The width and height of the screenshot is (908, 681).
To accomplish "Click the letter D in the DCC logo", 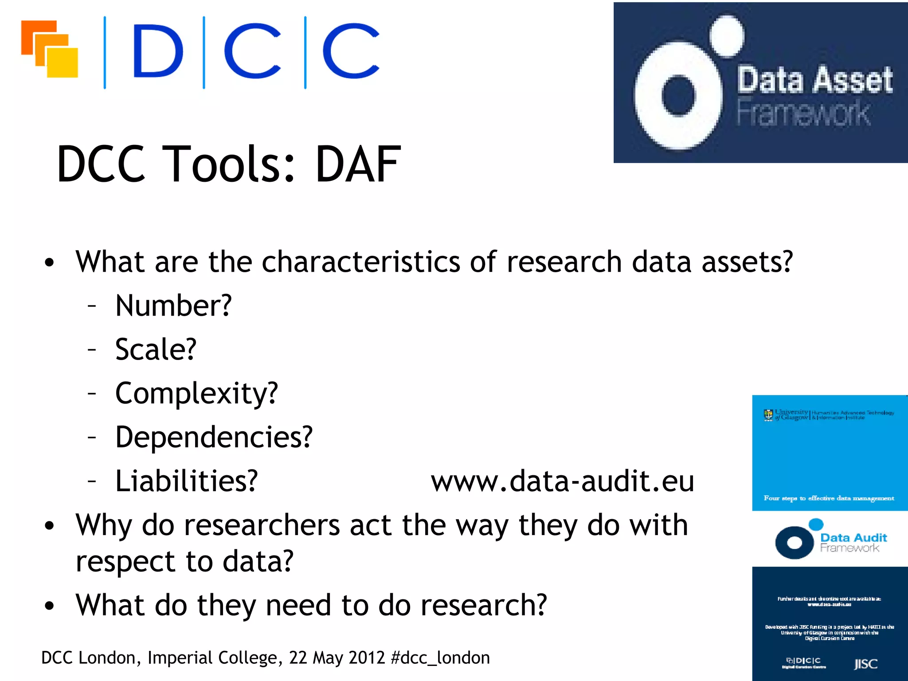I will coord(157,51).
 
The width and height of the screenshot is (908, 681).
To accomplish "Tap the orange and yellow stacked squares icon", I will coord(50,49).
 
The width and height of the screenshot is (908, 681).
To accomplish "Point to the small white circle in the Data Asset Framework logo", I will coord(727,35).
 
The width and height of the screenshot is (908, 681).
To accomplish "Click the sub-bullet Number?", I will coord(173,305).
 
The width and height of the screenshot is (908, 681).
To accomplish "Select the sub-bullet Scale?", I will coord(156,349).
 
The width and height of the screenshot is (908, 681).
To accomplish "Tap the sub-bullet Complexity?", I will coord(196,393).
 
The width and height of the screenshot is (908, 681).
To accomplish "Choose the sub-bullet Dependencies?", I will coord(214,437).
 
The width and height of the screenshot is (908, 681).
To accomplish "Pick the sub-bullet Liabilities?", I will coord(186,481).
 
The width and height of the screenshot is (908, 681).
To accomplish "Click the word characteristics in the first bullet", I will coord(361,262).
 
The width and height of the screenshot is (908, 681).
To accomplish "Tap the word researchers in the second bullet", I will coord(262,525).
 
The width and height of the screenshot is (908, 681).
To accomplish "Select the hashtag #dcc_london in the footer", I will coord(441,658).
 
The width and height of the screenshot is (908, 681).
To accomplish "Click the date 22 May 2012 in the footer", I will coord(337,658).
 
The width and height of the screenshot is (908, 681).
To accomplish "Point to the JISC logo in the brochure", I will coord(865,664).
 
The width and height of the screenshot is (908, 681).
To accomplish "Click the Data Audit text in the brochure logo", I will coord(853,538).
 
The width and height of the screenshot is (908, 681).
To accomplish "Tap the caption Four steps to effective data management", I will coord(829,498).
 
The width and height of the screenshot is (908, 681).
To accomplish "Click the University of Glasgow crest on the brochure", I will coord(768,415).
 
